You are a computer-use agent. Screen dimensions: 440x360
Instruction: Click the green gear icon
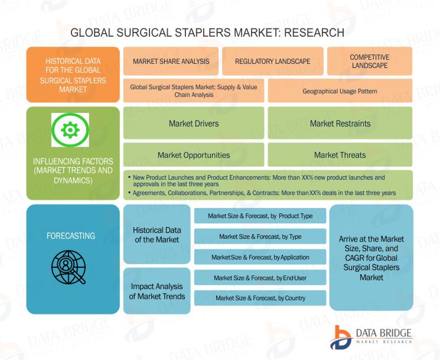pyautogui.click(x=70, y=129)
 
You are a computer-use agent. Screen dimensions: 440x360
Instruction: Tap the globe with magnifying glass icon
pyautogui.click(x=69, y=267)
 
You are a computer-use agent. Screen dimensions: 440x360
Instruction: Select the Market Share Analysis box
pyautogui.click(x=171, y=61)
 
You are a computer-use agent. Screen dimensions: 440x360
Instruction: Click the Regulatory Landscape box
pyautogui.click(x=273, y=61)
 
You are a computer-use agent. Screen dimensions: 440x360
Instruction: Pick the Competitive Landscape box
pyautogui.click(x=370, y=61)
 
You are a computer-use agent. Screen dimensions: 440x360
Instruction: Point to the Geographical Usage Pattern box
pyautogui.click(x=340, y=90)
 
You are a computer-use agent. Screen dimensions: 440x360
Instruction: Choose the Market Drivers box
pyautogui.click(x=194, y=123)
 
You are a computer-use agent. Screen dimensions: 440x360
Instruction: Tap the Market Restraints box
pyautogui.click(x=340, y=123)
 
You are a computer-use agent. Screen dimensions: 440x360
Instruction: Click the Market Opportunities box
pyautogui.click(x=194, y=155)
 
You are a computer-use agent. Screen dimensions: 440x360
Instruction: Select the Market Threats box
pyautogui.click(x=340, y=155)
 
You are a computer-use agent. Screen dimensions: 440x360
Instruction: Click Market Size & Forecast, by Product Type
pyautogui.click(x=260, y=216)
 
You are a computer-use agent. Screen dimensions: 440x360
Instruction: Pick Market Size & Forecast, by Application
pyautogui.click(x=260, y=257)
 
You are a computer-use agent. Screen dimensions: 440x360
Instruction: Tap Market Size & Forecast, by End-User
pyautogui.click(x=260, y=278)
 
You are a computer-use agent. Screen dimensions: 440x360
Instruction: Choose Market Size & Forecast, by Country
pyautogui.click(x=260, y=298)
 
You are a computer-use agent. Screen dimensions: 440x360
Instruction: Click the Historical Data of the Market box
pyautogui.click(x=157, y=235)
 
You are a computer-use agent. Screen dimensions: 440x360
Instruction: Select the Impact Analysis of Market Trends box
pyautogui.click(x=157, y=291)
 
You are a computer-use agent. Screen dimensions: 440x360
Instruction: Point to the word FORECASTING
pyautogui.click(x=71, y=236)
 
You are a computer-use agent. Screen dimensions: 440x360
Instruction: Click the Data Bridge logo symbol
pyautogui.click(x=341, y=338)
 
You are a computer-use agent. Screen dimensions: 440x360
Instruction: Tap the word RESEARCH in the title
pyautogui.click(x=314, y=33)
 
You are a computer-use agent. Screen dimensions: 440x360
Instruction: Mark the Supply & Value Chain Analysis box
pyautogui.click(x=194, y=90)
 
